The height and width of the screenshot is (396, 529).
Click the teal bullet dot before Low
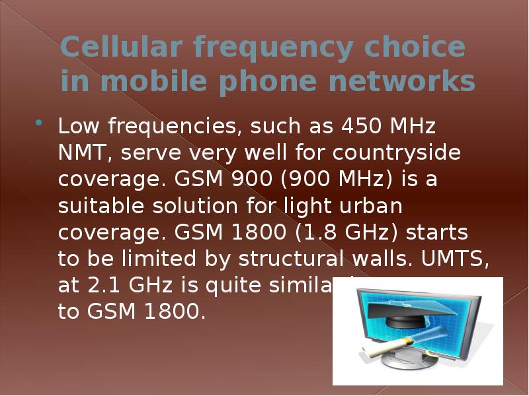(x=39, y=123)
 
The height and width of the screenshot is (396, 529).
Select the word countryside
(x=397, y=153)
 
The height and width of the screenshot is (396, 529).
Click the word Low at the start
(x=80, y=125)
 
